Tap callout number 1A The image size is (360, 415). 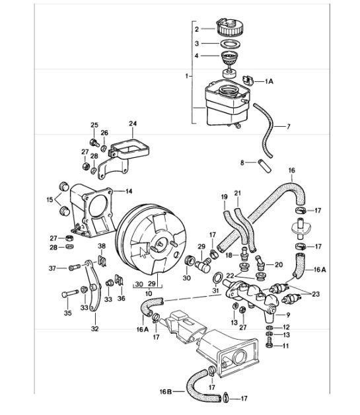(270, 81)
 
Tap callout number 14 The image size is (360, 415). (129, 191)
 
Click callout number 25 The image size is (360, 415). (94, 125)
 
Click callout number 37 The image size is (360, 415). (53, 268)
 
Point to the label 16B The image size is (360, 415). (168, 391)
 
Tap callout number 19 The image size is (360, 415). (223, 196)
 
